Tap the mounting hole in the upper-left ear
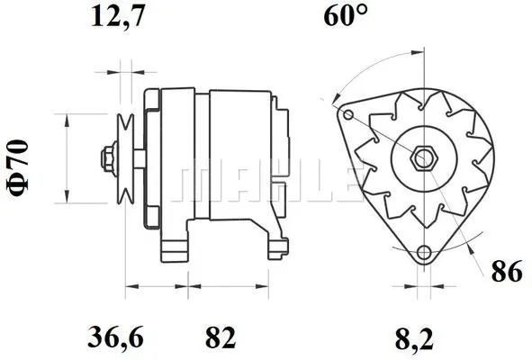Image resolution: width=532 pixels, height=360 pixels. pyautogui.click(x=346, y=113)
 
